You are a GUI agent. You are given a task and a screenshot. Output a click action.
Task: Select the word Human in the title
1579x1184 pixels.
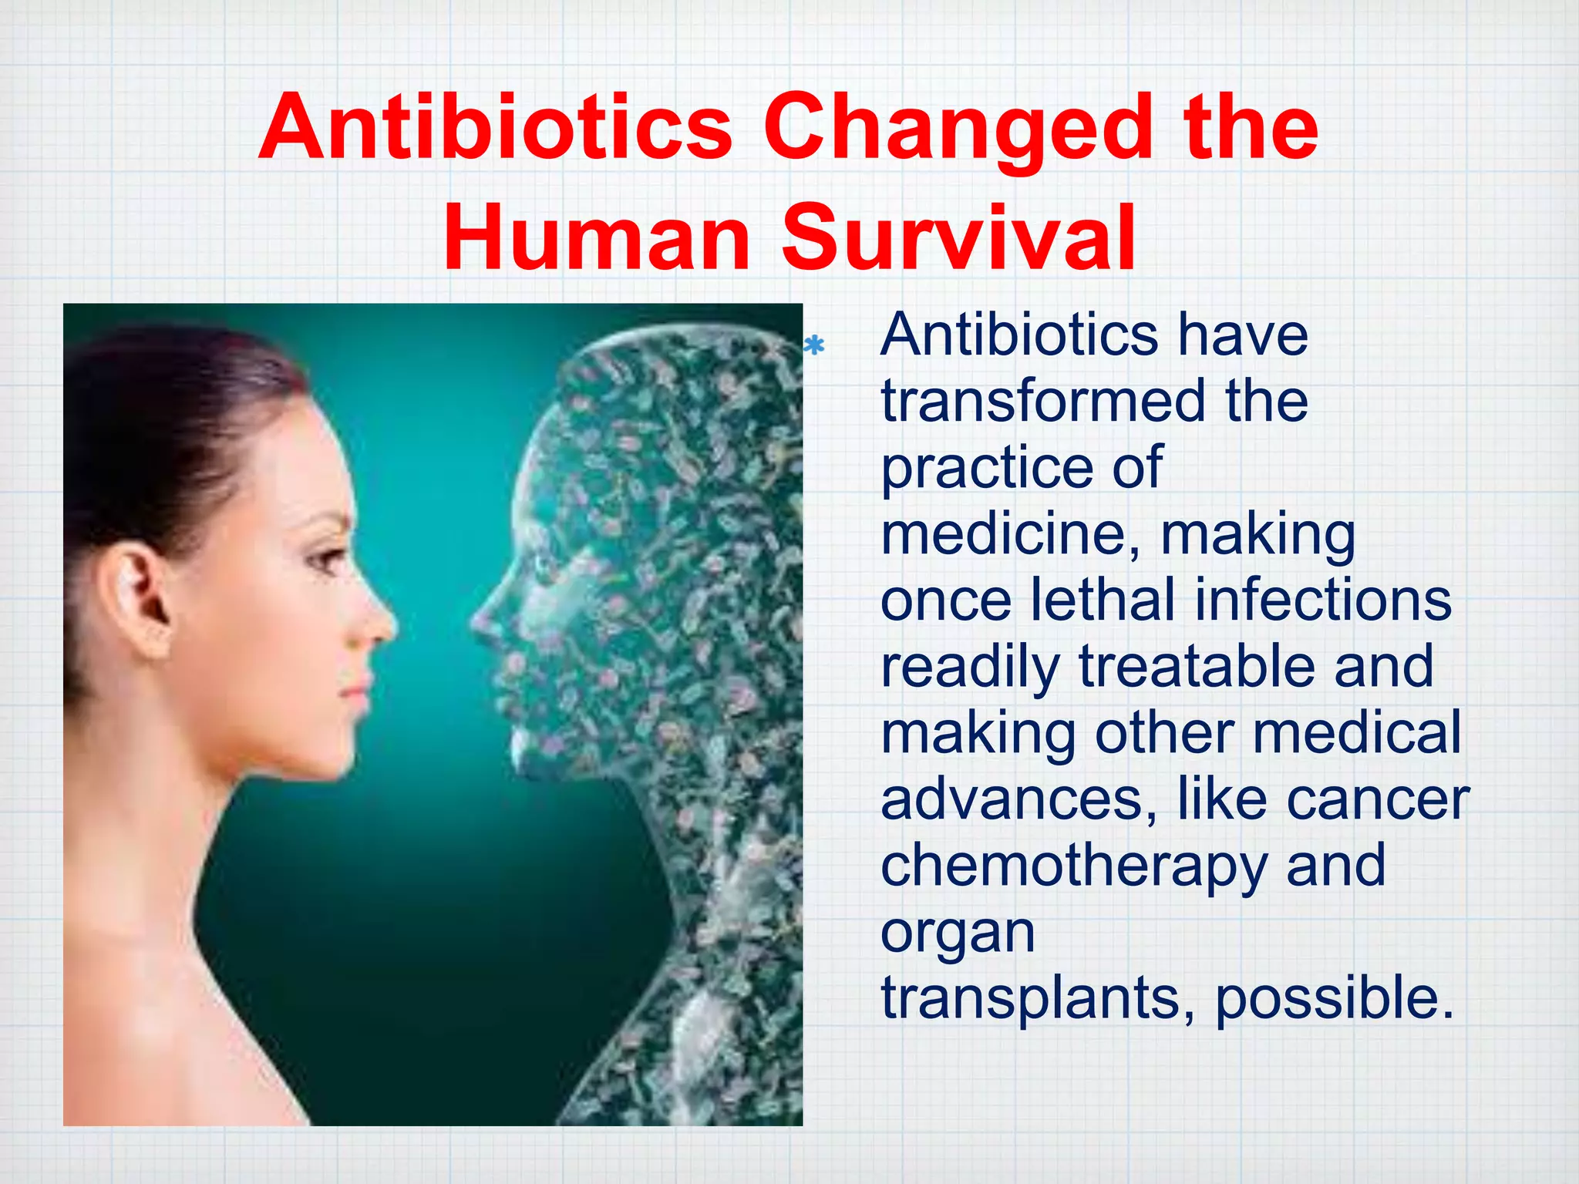coord(598,237)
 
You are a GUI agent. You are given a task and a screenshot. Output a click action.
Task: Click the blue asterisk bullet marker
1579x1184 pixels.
coord(814,346)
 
